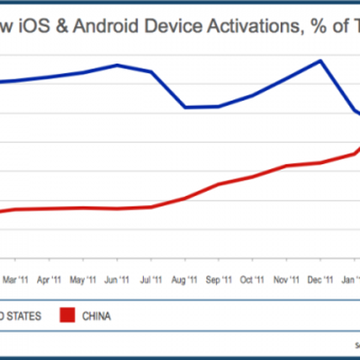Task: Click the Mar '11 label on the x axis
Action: coord(14,279)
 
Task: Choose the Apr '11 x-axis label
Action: coord(48,279)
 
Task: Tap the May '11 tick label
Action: coord(83,279)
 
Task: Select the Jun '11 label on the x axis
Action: coord(117,279)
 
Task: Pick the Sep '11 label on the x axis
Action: coord(219,279)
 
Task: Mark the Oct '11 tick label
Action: coord(252,279)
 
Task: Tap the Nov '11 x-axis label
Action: coord(286,279)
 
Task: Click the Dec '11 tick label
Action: coord(319,279)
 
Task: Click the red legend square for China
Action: coord(67,316)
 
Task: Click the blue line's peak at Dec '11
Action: coord(320,60)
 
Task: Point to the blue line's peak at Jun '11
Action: coord(117,65)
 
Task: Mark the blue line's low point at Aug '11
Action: coord(184,107)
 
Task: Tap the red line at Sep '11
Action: coord(219,184)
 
